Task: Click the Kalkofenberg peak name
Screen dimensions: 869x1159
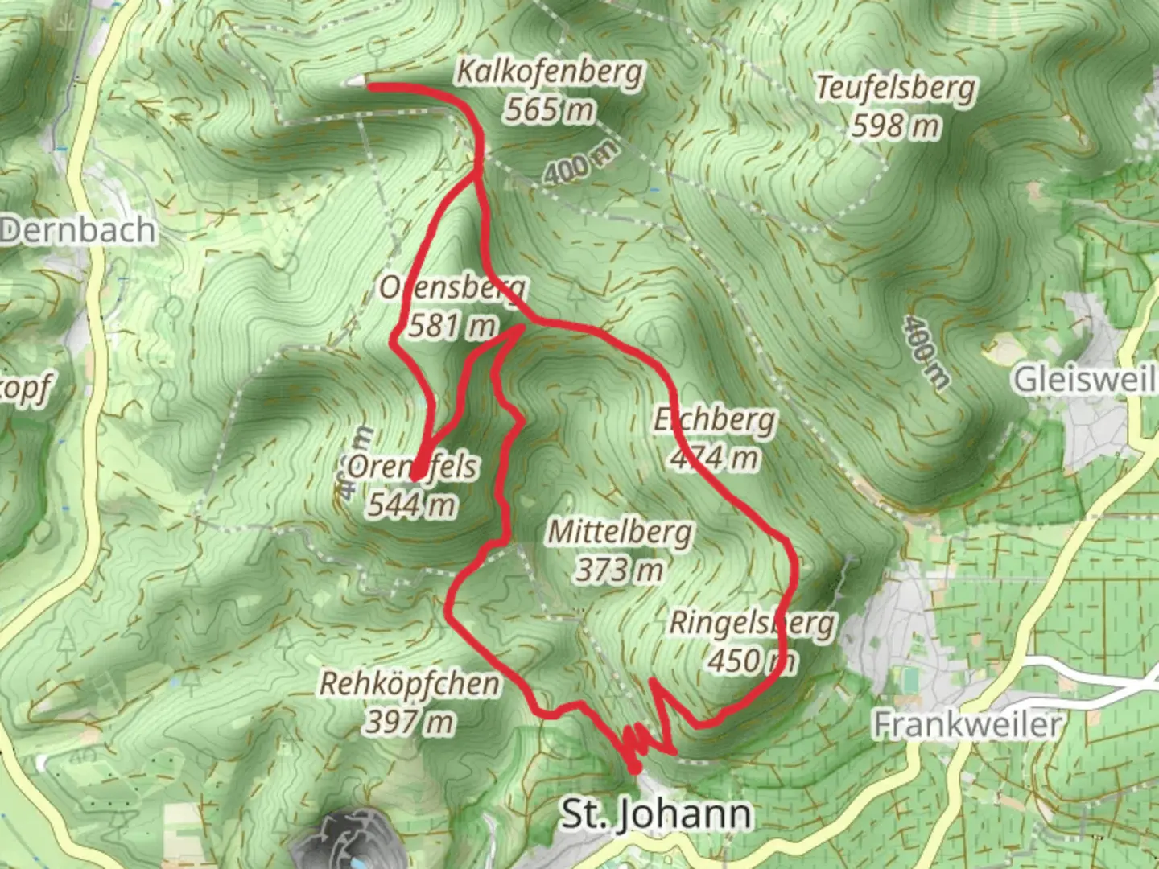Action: pyautogui.click(x=551, y=72)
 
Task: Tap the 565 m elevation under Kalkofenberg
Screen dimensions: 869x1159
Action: pyautogui.click(x=549, y=109)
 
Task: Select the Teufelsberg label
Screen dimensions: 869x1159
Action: pyautogui.click(x=895, y=88)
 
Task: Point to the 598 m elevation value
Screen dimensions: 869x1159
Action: pyautogui.click(x=895, y=126)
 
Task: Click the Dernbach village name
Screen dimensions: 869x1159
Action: pyautogui.click(x=78, y=231)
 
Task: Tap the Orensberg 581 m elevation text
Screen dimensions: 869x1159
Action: pyautogui.click(x=452, y=326)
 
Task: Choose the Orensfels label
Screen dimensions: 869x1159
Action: pyautogui.click(x=412, y=467)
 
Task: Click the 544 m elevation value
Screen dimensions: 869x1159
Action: pyautogui.click(x=412, y=505)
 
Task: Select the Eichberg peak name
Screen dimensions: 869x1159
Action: pyautogui.click(x=715, y=419)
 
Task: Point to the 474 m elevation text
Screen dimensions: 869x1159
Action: pyautogui.click(x=715, y=458)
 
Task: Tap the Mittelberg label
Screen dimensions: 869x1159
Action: pyautogui.click(x=620, y=532)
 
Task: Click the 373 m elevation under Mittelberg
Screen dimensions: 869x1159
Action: pyautogui.click(x=620, y=570)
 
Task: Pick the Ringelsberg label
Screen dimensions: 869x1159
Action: pyautogui.click(x=752, y=623)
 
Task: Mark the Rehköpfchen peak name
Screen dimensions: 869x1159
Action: pyautogui.click(x=410, y=684)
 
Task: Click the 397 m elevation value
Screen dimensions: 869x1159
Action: pyautogui.click(x=410, y=722)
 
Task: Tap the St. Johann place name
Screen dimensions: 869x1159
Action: pyautogui.click(x=656, y=814)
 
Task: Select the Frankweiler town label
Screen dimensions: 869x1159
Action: pyautogui.click(x=967, y=725)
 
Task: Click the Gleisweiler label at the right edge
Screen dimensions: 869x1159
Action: pyautogui.click(x=1085, y=380)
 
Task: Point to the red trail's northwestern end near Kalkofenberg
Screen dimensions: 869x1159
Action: pyautogui.click(x=372, y=86)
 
